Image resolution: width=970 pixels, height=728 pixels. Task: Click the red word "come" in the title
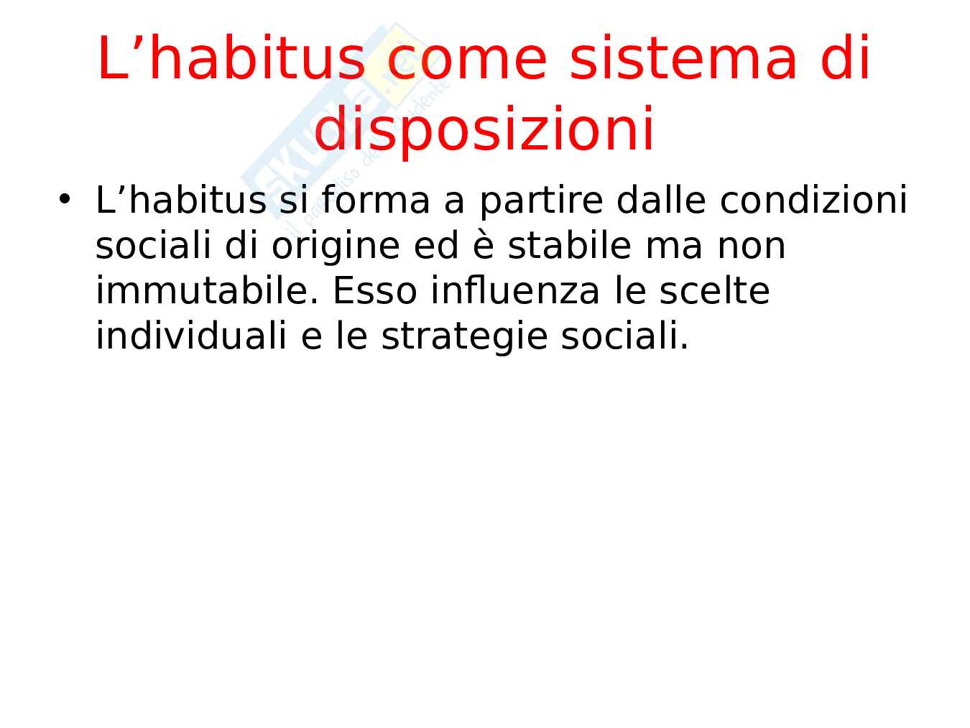466,59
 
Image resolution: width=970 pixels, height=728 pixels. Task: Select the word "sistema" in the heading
683,57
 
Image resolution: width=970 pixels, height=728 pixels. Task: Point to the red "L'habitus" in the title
231,57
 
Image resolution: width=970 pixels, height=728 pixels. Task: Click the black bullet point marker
65,198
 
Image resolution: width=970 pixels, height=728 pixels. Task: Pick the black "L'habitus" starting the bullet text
181,200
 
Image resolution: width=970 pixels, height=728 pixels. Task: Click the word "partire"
541,201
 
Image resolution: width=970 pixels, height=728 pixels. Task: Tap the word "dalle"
662,200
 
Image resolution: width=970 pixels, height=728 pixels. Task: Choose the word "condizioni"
813,200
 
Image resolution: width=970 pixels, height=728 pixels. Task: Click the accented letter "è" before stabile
483,246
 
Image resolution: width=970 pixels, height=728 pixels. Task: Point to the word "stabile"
569,245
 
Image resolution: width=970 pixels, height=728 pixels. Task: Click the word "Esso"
375,291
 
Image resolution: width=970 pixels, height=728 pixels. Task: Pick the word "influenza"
515,290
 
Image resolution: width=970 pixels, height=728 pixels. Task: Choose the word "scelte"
715,291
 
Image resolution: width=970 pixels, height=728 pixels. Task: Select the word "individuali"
191,336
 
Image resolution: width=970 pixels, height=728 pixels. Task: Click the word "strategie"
464,338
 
